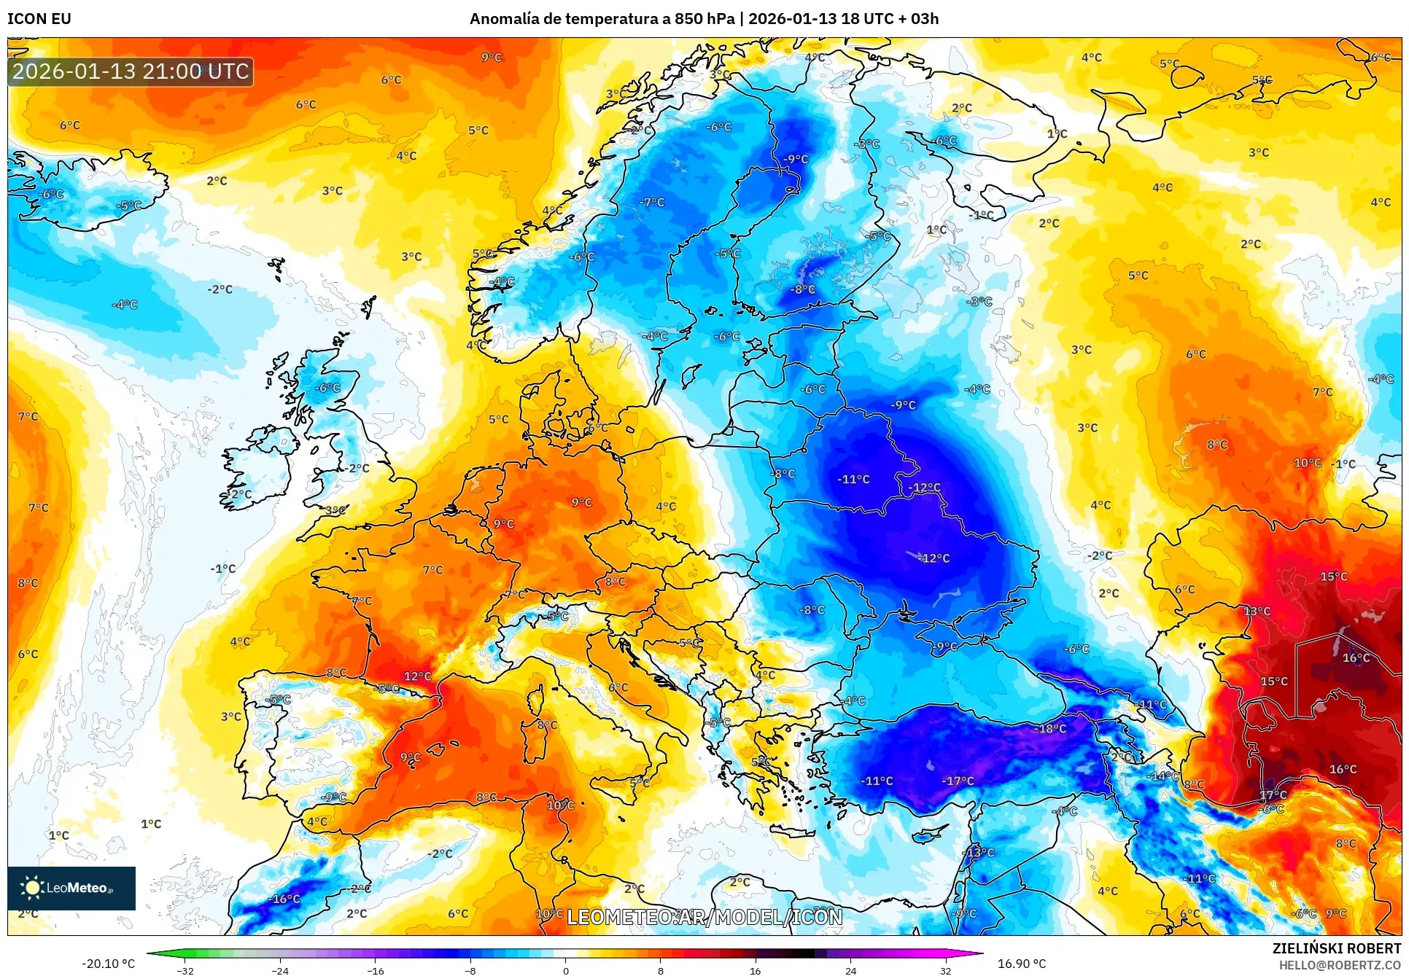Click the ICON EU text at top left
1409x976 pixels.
click(39, 19)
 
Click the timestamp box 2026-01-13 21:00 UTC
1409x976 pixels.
click(131, 71)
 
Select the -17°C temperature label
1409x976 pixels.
click(958, 781)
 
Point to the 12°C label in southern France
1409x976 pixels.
click(417, 676)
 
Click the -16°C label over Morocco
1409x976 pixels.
click(285, 899)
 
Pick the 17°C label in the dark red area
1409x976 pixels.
click(1273, 795)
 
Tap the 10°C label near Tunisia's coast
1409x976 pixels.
click(560, 805)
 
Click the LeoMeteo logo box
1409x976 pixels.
click(71, 888)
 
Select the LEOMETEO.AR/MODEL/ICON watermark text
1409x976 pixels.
click(704, 917)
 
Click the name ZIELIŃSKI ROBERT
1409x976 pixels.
click(1336, 948)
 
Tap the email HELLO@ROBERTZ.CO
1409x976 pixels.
click(1339, 965)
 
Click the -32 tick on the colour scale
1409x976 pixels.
click(185, 970)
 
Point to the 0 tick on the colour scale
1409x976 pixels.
click(565, 970)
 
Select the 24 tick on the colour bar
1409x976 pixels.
click(850, 970)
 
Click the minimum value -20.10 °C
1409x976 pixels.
click(108, 964)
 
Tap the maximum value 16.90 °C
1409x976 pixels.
click(1021, 964)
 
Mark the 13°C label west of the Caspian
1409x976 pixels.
click(1257, 611)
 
